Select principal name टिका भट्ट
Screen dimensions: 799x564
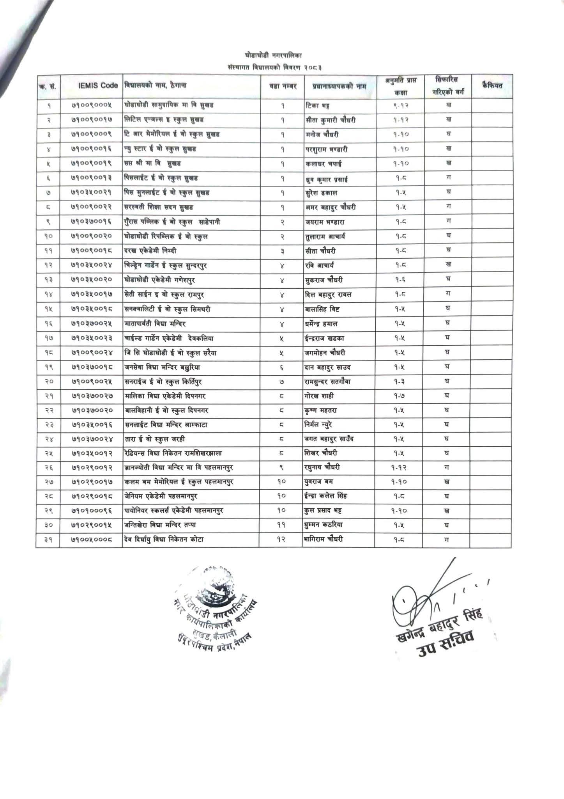[318, 105]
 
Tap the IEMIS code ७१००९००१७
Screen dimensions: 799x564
[92, 120]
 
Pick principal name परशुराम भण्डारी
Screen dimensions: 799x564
[326, 149]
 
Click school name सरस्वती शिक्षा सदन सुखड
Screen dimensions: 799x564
[159, 207]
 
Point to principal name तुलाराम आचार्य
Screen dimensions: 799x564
[325, 236]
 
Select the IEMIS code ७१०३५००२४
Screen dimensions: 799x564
[92, 266]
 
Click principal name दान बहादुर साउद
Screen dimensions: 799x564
[329, 367]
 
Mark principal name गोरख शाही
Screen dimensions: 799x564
[320, 396]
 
